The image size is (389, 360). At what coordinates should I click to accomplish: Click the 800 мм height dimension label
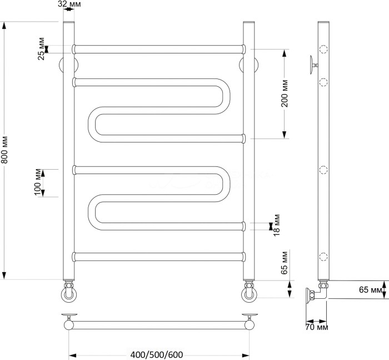(x=4, y=150)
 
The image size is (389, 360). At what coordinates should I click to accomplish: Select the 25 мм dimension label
(x=41, y=49)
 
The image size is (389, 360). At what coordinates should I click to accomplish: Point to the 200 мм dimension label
(x=284, y=93)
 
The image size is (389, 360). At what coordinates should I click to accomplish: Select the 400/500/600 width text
(x=157, y=354)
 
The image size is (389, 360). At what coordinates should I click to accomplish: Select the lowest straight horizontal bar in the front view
(x=158, y=257)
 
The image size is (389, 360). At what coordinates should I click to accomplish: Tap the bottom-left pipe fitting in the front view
(x=68, y=292)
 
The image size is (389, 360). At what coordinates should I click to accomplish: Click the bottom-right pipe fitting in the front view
(x=248, y=292)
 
